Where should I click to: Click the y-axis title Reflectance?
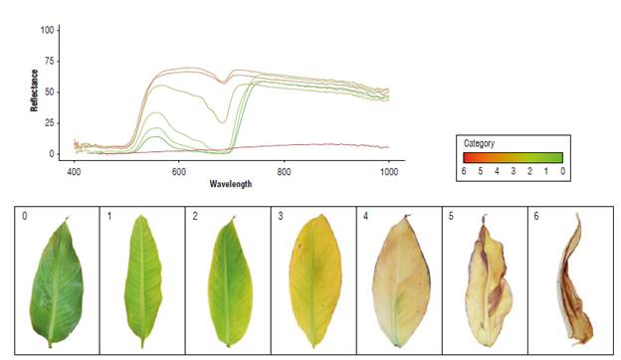[35, 90]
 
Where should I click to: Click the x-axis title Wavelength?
[230, 184]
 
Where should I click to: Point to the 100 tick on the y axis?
[47, 30]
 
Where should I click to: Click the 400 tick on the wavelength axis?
[74, 172]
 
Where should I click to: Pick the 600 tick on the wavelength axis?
[178, 172]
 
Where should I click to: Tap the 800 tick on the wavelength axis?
[284, 172]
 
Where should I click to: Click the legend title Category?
[482, 143]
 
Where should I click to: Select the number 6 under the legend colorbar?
[465, 171]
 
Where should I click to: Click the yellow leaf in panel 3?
[313, 283]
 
